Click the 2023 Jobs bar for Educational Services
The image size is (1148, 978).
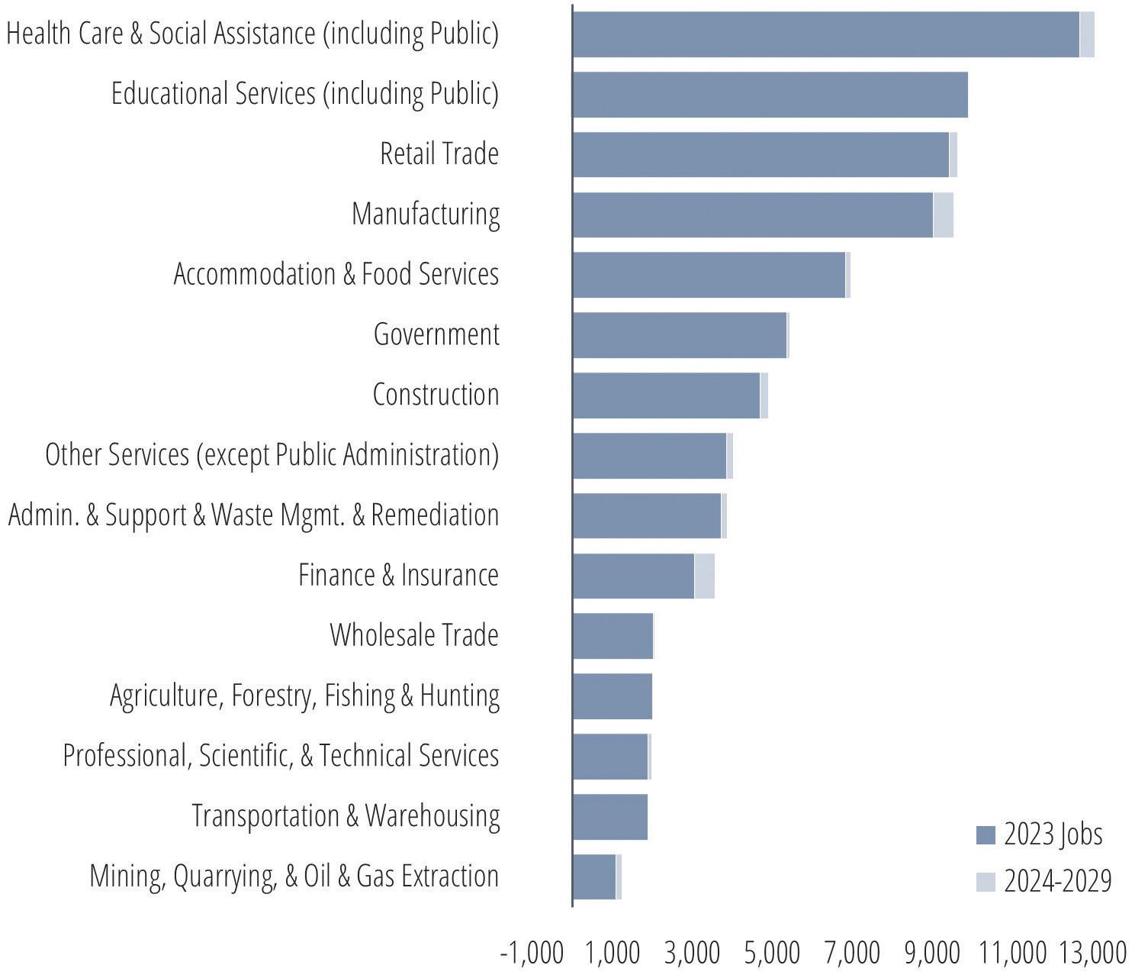coord(770,95)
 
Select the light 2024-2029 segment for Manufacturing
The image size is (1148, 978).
coord(943,215)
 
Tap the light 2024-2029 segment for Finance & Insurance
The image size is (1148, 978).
coord(704,576)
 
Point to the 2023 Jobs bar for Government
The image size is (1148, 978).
coord(680,335)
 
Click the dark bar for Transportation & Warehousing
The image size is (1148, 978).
coord(610,817)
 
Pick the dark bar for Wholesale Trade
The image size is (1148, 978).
coord(613,636)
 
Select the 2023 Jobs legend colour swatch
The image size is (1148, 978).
coord(986,835)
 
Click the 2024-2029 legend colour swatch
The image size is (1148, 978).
coord(986,882)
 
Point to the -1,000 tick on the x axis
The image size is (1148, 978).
coord(532,953)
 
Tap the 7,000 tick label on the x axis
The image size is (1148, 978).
coord(852,953)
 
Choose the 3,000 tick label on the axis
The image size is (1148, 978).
coord(692,953)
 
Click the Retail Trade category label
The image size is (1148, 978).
coord(439,153)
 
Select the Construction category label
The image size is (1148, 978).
coord(436,395)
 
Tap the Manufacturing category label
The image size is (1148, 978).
coord(426,215)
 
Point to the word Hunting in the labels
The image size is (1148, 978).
coord(460,696)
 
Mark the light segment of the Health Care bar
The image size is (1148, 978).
coord(1087,34)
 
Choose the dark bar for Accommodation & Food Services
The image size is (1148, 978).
coord(709,275)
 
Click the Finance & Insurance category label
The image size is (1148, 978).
coord(399,576)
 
